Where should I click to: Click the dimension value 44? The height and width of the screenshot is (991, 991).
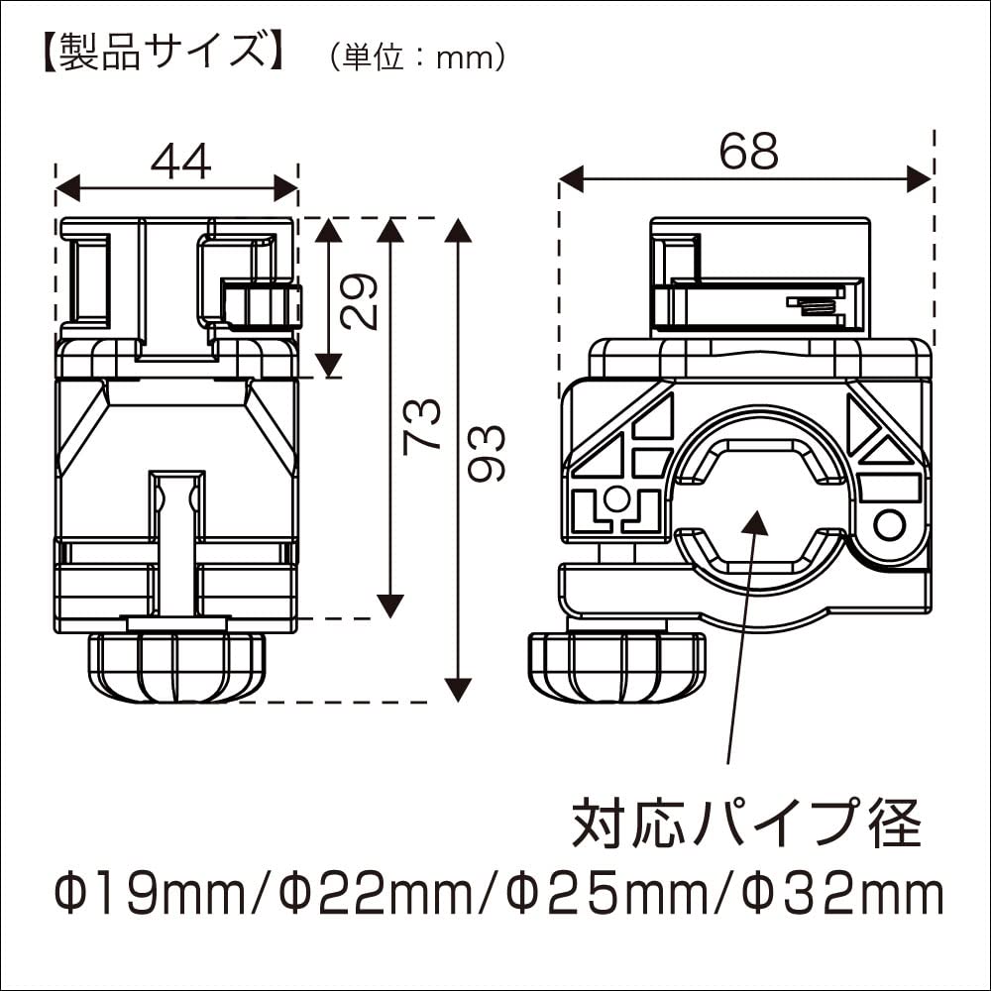(180, 162)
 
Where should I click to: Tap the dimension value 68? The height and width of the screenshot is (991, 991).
(749, 152)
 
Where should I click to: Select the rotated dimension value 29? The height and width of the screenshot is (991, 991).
(362, 300)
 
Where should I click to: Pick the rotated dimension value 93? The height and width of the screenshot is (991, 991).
(488, 453)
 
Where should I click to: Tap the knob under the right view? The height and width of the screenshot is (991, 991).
(615, 666)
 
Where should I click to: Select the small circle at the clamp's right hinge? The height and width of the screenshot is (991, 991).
(889, 523)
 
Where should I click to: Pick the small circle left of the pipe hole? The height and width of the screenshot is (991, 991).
(616, 497)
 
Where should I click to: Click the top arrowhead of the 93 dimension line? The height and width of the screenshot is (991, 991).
(457, 231)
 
